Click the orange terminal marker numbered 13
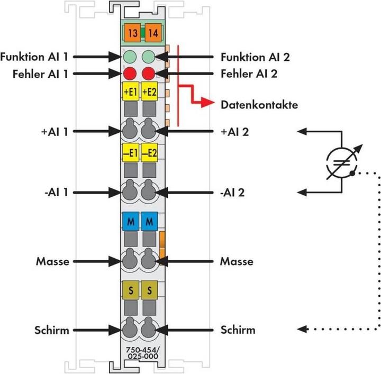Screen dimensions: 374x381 [x=132, y=33]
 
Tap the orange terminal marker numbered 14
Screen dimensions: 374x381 [x=151, y=33]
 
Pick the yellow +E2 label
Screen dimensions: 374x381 [x=149, y=92]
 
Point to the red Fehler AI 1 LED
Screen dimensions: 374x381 [x=130, y=74]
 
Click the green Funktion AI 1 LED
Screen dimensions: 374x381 [x=130, y=56]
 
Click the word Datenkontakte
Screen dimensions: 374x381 [x=258, y=105]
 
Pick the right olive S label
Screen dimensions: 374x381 [x=149, y=289]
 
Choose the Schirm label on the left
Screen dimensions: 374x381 [x=53, y=330]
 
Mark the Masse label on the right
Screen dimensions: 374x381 [x=237, y=261]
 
